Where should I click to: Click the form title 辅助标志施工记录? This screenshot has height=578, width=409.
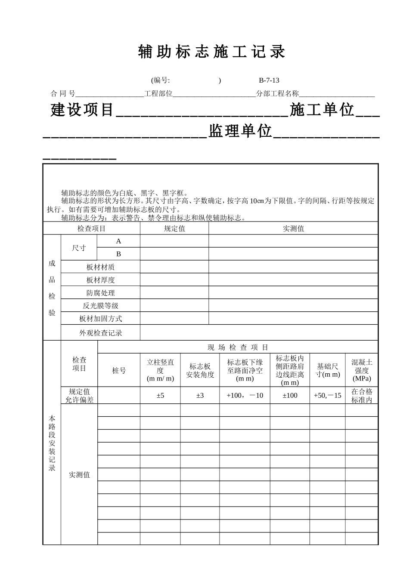(211, 52)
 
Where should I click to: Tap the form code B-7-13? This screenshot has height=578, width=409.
(269, 80)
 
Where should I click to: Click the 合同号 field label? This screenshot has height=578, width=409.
(63, 93)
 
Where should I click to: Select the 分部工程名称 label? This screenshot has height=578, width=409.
(277, 93)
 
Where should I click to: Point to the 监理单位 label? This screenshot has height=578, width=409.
(241, 131)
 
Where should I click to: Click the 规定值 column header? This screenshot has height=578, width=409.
(174, 228)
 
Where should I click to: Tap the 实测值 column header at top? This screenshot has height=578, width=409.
(293, 228)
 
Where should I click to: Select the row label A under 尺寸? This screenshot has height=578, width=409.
(119, 241)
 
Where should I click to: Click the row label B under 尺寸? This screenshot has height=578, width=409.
(119, 254)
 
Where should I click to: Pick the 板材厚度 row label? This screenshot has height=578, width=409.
(100, 280)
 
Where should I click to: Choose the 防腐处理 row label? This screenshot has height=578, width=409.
(100, 293)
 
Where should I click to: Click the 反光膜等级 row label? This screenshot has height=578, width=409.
(100, 306)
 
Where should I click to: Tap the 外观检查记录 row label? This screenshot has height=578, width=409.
(100, 333)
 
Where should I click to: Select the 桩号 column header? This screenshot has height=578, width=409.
(119, 370)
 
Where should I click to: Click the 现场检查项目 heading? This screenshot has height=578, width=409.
(238, 347)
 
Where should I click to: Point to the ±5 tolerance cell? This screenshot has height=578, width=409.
(160, 395)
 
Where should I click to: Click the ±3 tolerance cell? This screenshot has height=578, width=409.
(200, 395)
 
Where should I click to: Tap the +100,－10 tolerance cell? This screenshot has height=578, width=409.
(245, 395)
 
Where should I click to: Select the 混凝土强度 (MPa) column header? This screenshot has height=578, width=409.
(362, 370)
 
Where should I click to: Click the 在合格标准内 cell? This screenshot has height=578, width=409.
(362, 395)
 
